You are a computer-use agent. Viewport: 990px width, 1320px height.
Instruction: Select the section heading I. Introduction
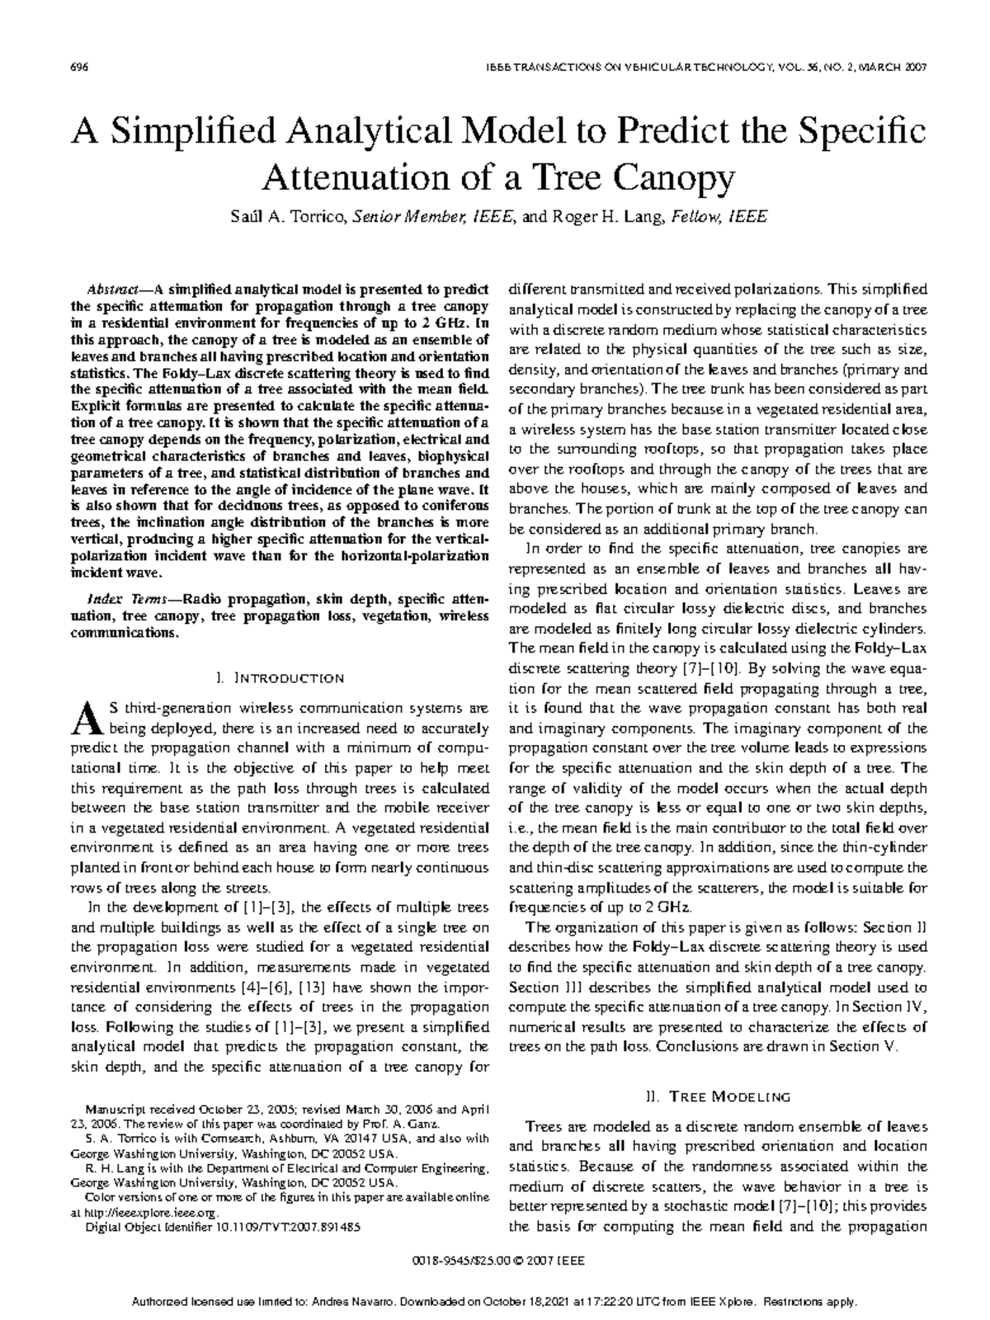(x=280, y=678)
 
